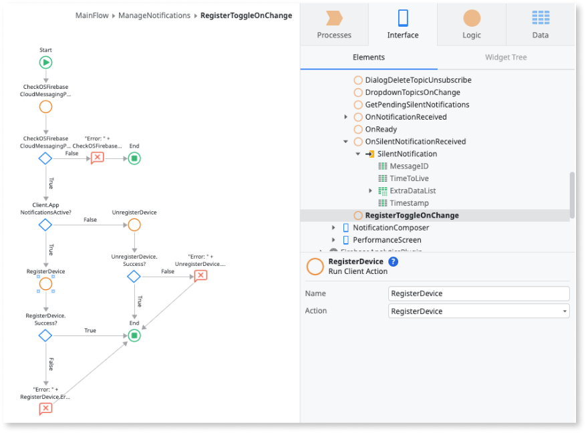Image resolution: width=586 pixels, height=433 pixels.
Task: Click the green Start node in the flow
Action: pos(45,62)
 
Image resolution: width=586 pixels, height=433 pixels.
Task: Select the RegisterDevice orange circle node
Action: pos(45,284)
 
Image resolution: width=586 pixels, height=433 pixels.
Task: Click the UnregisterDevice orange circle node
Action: pos(134,225)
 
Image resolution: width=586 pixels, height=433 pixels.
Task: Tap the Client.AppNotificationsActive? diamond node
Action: pos(45,225)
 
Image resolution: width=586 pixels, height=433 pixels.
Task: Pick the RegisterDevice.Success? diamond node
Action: pos(45,335)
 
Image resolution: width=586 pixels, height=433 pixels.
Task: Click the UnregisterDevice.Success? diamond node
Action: pos(134,276)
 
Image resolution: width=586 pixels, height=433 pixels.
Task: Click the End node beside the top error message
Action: pos(134,158)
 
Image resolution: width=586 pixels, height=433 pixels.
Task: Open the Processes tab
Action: pos(334,25)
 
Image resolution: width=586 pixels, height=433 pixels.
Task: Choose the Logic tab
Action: pos(471,25)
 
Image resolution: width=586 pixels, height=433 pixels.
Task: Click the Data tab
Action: pos(540,25)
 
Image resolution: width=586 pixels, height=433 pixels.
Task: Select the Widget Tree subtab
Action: pos(506,57)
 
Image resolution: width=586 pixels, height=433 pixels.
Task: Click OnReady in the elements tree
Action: pos(381,129)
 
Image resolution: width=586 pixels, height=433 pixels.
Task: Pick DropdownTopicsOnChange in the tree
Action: pos(412,92)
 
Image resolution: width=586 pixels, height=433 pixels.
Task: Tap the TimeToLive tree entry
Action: pos(409,178)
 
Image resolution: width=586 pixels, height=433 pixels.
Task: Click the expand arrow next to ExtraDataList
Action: pos(371,191)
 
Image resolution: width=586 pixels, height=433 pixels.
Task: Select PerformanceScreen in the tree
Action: pos(387,240)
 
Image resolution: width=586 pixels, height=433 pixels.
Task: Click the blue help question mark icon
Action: pos(394,262)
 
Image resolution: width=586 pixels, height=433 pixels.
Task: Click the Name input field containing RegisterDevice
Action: pos(478,293)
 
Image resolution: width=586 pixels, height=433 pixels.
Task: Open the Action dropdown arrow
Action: pos(565,311)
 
